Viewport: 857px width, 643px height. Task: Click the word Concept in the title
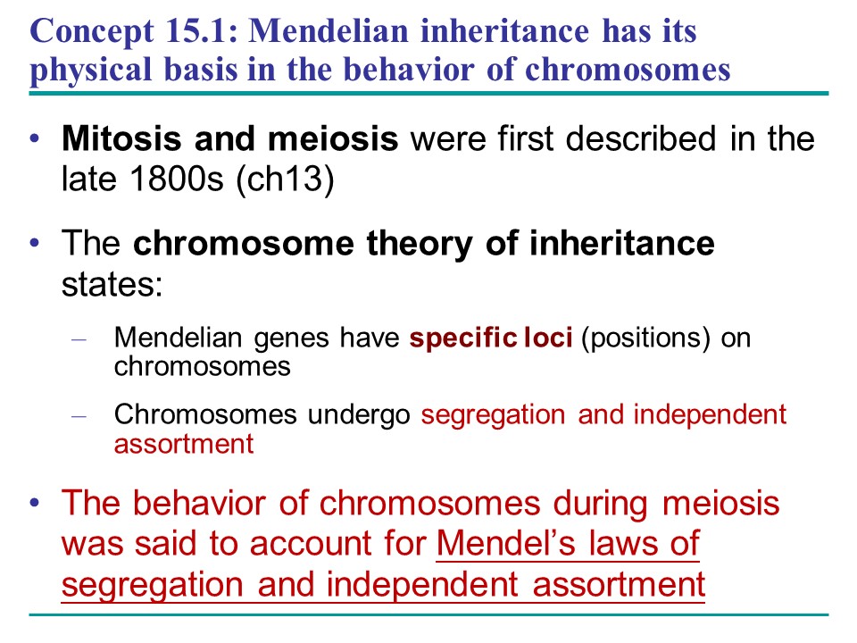click(x=92, y=32)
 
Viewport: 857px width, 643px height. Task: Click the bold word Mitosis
click(x=121, y=138)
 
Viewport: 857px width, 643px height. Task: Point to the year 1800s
click(x=177, y=179)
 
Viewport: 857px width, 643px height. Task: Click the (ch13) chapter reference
click(x=285, y=180)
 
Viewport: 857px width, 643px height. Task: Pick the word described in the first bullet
click(x=641, y=138)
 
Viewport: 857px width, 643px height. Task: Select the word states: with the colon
click(x=112, y=284)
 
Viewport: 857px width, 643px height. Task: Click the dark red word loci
click(x=547, y=338)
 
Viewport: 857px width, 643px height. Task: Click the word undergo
click(x=359, y=415)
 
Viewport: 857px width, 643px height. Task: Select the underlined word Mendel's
click(x=506, y=544)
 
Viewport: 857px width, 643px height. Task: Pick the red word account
click(x=311, y=545)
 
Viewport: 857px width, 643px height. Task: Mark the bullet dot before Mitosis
click(x=35, y=139)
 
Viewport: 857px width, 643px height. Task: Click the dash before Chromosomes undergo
click(x=79, y=417)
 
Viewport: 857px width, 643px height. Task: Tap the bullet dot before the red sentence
click(x=35, y=503)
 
